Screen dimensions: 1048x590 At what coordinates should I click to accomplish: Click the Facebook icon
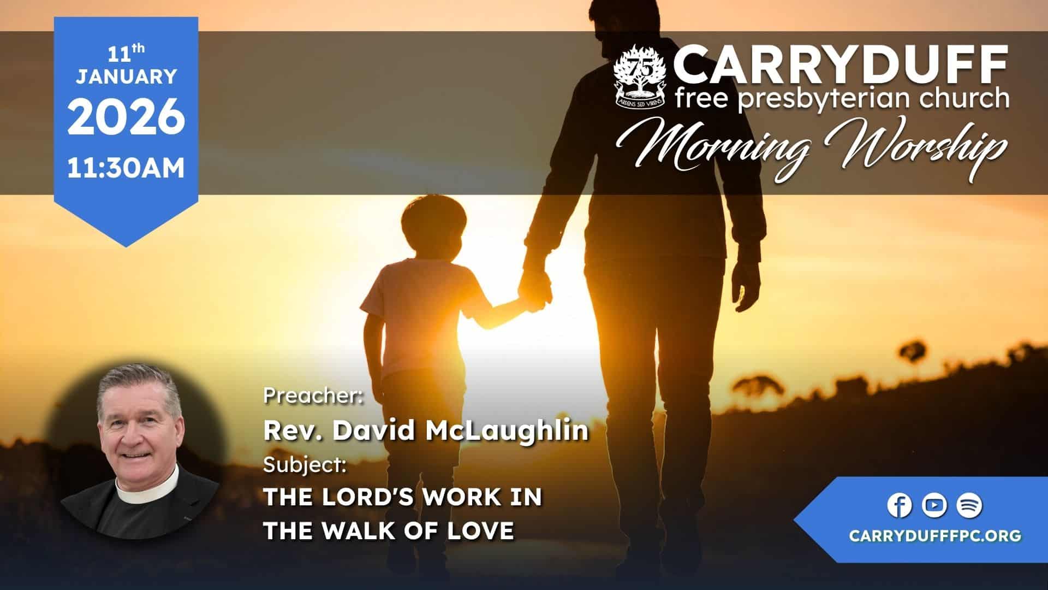coord(899,506)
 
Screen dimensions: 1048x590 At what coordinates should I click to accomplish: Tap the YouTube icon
coord(934,506)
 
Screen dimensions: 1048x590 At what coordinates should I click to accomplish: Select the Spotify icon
coord(969,506)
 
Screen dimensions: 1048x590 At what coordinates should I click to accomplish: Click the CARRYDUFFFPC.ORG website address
coord(935,535)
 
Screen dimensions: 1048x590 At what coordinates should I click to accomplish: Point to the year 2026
coord(126,117)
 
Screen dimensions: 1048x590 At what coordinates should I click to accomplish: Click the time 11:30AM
coord(126,168)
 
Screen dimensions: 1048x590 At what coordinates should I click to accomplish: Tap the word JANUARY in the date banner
coord(126,76)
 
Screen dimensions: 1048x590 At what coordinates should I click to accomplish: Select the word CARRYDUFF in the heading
coord(841,66)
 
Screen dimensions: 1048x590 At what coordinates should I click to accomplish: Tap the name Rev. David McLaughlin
coord(426,430)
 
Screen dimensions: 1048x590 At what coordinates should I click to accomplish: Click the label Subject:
coord(305,465)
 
